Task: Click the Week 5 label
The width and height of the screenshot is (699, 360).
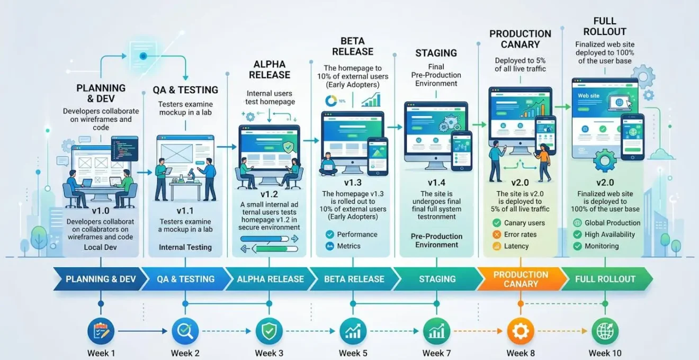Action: pos(353,353)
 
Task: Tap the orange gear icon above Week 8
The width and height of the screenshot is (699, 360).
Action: pos(521,331)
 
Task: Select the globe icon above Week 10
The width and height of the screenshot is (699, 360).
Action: pos(605,331)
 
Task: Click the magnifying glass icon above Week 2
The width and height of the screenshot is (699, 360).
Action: pos(185,331)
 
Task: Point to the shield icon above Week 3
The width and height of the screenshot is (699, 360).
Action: pos(269,331)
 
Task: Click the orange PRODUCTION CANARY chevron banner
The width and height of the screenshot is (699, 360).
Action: pos(521,279)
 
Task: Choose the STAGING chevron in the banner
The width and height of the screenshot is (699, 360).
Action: pos(437,279)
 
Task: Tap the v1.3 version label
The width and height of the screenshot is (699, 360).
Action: pos(353,183)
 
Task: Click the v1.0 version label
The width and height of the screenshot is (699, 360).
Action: pos(101,211)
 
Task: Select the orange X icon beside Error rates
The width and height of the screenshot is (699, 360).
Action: pos(497,235)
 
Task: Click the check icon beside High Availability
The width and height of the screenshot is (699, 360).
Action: pos(578,235)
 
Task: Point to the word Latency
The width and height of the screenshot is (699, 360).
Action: pos(516,246)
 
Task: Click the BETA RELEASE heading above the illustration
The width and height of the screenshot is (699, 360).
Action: pos(353,46)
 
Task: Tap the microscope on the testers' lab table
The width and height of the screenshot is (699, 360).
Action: pos(191,175)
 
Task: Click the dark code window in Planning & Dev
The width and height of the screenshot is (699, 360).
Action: pos(125,149)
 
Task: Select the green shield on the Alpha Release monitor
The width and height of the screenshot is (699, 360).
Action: pos(288,147)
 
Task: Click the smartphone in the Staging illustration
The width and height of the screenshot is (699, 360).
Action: pos(462,151)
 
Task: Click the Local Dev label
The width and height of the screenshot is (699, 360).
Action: pos(101,247)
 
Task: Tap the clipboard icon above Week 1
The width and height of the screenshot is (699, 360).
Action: pos(101,331)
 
